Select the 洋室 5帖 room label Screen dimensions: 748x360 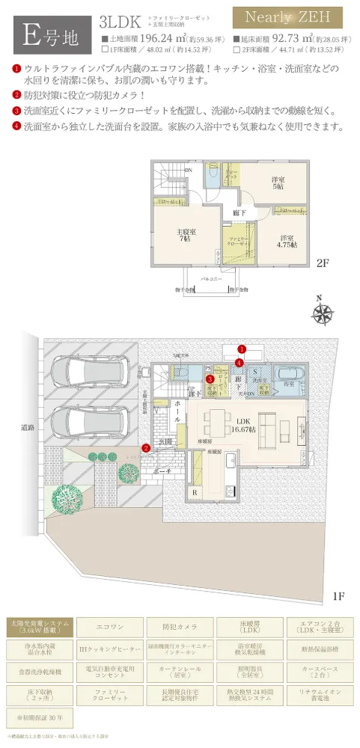click(278, 183)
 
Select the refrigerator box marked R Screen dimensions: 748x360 click(195, 493)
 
